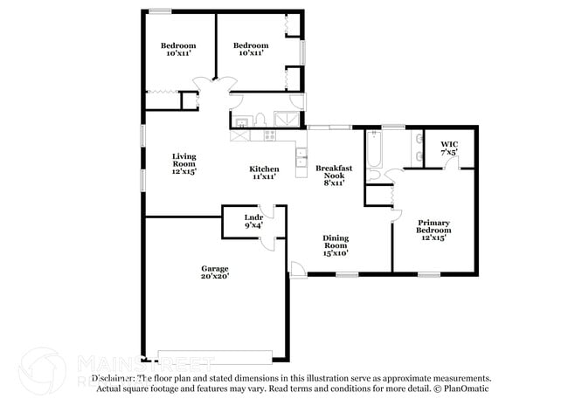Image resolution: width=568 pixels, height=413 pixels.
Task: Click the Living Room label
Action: click(184, 164)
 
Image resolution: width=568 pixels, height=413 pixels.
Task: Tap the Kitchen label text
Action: click(265, 173)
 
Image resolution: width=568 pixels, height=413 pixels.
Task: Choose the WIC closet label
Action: click(449, 148)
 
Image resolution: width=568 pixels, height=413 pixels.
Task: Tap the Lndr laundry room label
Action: click(253, 221)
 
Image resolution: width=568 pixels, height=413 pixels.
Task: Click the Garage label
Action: click(214, 273)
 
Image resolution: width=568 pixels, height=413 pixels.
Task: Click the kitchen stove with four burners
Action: click(269, 135)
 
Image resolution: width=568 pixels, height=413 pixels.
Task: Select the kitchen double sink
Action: click(301, 157)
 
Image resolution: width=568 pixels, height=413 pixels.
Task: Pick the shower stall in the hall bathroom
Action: click(286, 120)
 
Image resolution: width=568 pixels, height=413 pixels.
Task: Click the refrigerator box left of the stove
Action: click(239, 136)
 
